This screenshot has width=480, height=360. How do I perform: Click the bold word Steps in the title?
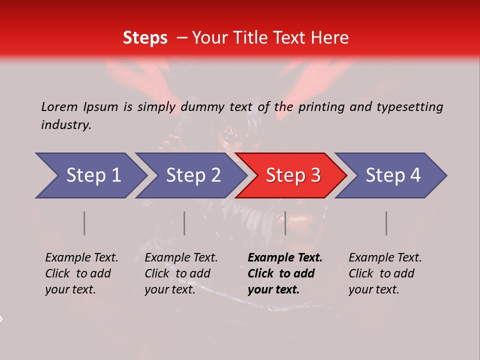pyautogui.click(x=145, y=38)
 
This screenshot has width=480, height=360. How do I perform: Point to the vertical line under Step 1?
pyautogui.click(x=84, y=223)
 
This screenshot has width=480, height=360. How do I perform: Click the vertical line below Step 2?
pyautogui.click(x=184, y=223)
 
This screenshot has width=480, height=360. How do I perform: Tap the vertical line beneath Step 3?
pyautogui.click(x=285, y=223)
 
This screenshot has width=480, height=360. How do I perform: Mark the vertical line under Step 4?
pyautogui.click(x=386, y=223)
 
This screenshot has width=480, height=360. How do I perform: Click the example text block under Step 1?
pyautogui.click(x=81, y=273)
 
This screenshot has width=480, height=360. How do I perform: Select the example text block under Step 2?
pyautogui.click(x=181, y=273)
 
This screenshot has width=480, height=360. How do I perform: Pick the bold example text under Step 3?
pyautogui.click(x=285, y=273)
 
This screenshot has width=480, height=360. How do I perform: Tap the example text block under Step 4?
pyautogui.click(x=385, y=273)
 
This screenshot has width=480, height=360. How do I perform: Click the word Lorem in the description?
pyautogui.click(x=59, y=106)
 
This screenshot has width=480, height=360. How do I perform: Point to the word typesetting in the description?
pyautogui.click(x=409, y=106)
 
